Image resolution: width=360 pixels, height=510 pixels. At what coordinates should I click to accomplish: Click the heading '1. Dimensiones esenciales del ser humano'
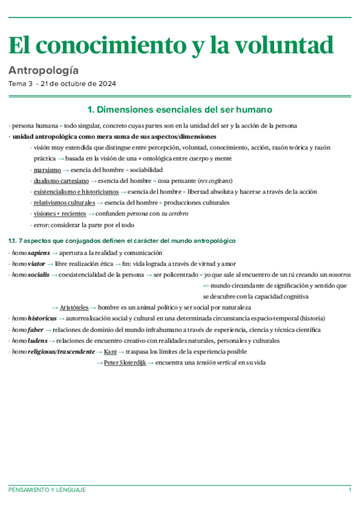(180, 109)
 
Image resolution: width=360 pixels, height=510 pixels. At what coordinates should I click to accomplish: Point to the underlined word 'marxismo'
(47, 170)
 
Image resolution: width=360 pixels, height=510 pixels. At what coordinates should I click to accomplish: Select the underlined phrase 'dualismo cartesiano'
(61, 180)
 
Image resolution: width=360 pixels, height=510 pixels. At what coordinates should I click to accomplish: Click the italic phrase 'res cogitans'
(215, 180)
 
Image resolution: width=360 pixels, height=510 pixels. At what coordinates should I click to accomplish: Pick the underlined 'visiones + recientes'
(59, 214)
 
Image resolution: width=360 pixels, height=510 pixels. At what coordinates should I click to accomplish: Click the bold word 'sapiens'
(40, 253)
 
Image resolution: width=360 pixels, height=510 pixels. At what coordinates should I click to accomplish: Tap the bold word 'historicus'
(43, 318)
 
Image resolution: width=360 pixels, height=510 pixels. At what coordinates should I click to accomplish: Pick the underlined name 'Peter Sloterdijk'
(124, 363)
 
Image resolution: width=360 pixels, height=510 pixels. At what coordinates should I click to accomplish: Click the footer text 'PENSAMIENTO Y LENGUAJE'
(47, 490)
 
